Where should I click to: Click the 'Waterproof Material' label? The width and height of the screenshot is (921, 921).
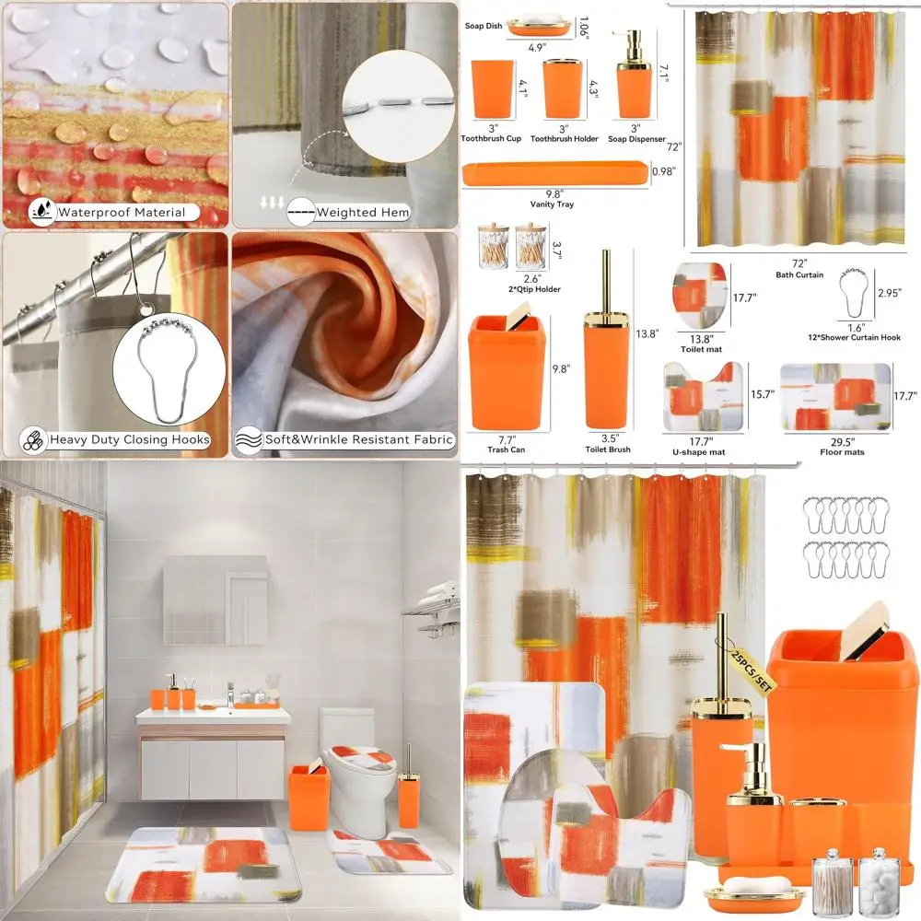[127, 213]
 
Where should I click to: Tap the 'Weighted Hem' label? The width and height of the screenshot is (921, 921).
[363, 213]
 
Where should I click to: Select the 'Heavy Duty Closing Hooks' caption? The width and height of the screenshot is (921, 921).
[129, 439]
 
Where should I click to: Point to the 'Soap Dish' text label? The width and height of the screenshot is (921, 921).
[483, 26]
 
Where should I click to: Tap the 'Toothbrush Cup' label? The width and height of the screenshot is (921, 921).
[491, 139]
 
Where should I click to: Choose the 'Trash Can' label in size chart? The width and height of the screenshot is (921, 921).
[506, 449]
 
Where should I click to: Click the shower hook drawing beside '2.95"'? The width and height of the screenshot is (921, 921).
[854, 294]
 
